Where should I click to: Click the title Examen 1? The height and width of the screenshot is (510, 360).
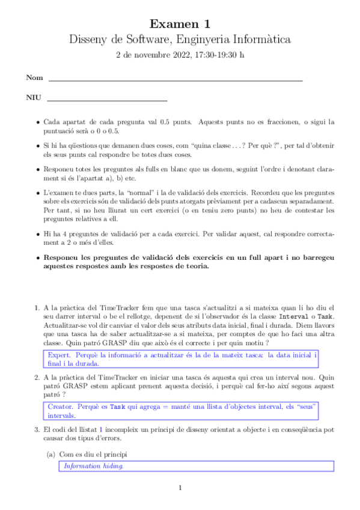coord(180,25)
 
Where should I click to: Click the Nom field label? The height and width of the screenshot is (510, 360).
coord(34,78)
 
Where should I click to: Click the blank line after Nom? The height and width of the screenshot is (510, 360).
coord(175,80)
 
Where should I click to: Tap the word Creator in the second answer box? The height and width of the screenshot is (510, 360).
coord(61,407)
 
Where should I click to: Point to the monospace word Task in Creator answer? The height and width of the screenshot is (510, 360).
coord(117,407)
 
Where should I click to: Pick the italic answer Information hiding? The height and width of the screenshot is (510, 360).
coord(94,465)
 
